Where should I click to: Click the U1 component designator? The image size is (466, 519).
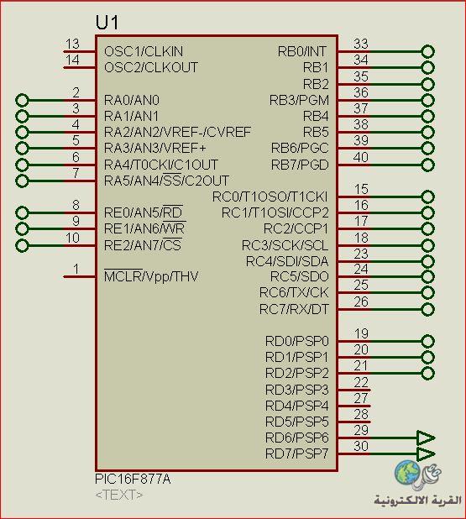coord(107,23)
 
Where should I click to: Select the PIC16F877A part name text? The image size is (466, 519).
coord(133,479)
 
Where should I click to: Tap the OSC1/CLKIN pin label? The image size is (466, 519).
coord(144,51)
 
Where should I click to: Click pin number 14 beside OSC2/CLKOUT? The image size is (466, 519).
coord(72,60)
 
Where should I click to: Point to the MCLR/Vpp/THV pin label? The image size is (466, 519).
coord(151,276)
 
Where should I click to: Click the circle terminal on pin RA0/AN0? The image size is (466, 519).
coord(22,100)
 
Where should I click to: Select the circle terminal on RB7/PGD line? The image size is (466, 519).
coord(427,165)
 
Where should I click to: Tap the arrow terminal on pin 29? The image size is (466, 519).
coord(426,438)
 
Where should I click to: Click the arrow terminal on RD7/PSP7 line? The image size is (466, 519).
coord(426,453)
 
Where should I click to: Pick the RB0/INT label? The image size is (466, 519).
coord(301,51)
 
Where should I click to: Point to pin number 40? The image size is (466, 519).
coord(361,157)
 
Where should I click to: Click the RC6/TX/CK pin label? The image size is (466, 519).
coord(294,292)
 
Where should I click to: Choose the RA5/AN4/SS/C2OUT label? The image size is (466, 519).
coord(166,181)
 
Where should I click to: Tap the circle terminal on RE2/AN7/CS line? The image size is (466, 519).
coord(22,245)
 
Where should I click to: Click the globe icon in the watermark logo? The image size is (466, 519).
coord(406,472)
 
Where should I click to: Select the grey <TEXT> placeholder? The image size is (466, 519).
coord(119,495)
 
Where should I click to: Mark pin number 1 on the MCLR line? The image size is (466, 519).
coord(76,269)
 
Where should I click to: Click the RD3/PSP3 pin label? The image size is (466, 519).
coord(297,390)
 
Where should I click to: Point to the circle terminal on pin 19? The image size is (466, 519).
coord(427,341)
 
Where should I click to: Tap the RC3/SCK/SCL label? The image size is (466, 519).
coord(285,245)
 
